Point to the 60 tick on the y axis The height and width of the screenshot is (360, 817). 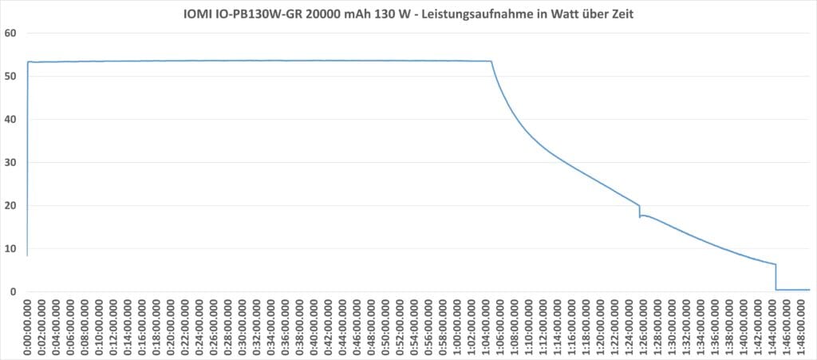coord(10,34)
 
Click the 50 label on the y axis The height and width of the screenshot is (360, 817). coord(10,77)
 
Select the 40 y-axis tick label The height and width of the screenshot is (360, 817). coord(10,120)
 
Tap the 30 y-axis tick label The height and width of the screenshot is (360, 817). coord(10,163)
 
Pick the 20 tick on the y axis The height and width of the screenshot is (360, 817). coord(10,206)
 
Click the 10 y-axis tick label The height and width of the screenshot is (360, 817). coord(10,249)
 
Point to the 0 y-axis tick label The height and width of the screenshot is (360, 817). coord(13,292)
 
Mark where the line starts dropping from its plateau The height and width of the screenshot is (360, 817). coord(491,61)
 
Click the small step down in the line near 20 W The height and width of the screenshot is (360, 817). coord(640,211)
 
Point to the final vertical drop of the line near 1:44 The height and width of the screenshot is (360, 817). coord(776,276)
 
